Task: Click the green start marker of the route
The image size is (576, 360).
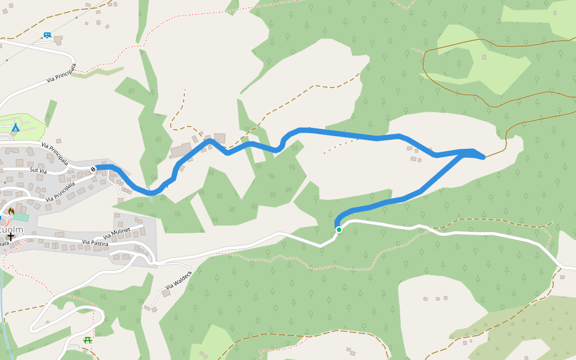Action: click(x=339, y=229)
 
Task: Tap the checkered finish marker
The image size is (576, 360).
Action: click(x=94, y=169)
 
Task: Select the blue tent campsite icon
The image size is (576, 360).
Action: click(x=16, y=127)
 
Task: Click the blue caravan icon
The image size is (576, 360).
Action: click(x=47, y=35)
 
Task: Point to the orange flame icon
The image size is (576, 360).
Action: click(x=11, y=211)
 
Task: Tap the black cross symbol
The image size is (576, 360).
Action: click(x=10, y=236)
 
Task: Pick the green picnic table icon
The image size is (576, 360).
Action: click(x=88, y=340)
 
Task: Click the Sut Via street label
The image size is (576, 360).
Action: click(x=38, y=171)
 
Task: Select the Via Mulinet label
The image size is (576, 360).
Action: click(x=116, y=234)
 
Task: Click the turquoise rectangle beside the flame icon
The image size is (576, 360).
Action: click(x=20, y=217)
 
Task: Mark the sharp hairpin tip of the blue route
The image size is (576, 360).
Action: click(x=483, y=157)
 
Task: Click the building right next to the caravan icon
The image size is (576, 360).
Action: click(x=58, y=40)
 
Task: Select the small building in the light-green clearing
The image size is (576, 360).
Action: click(x=484, y=58)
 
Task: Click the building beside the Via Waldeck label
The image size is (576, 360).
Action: click(x=166, y=293)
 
